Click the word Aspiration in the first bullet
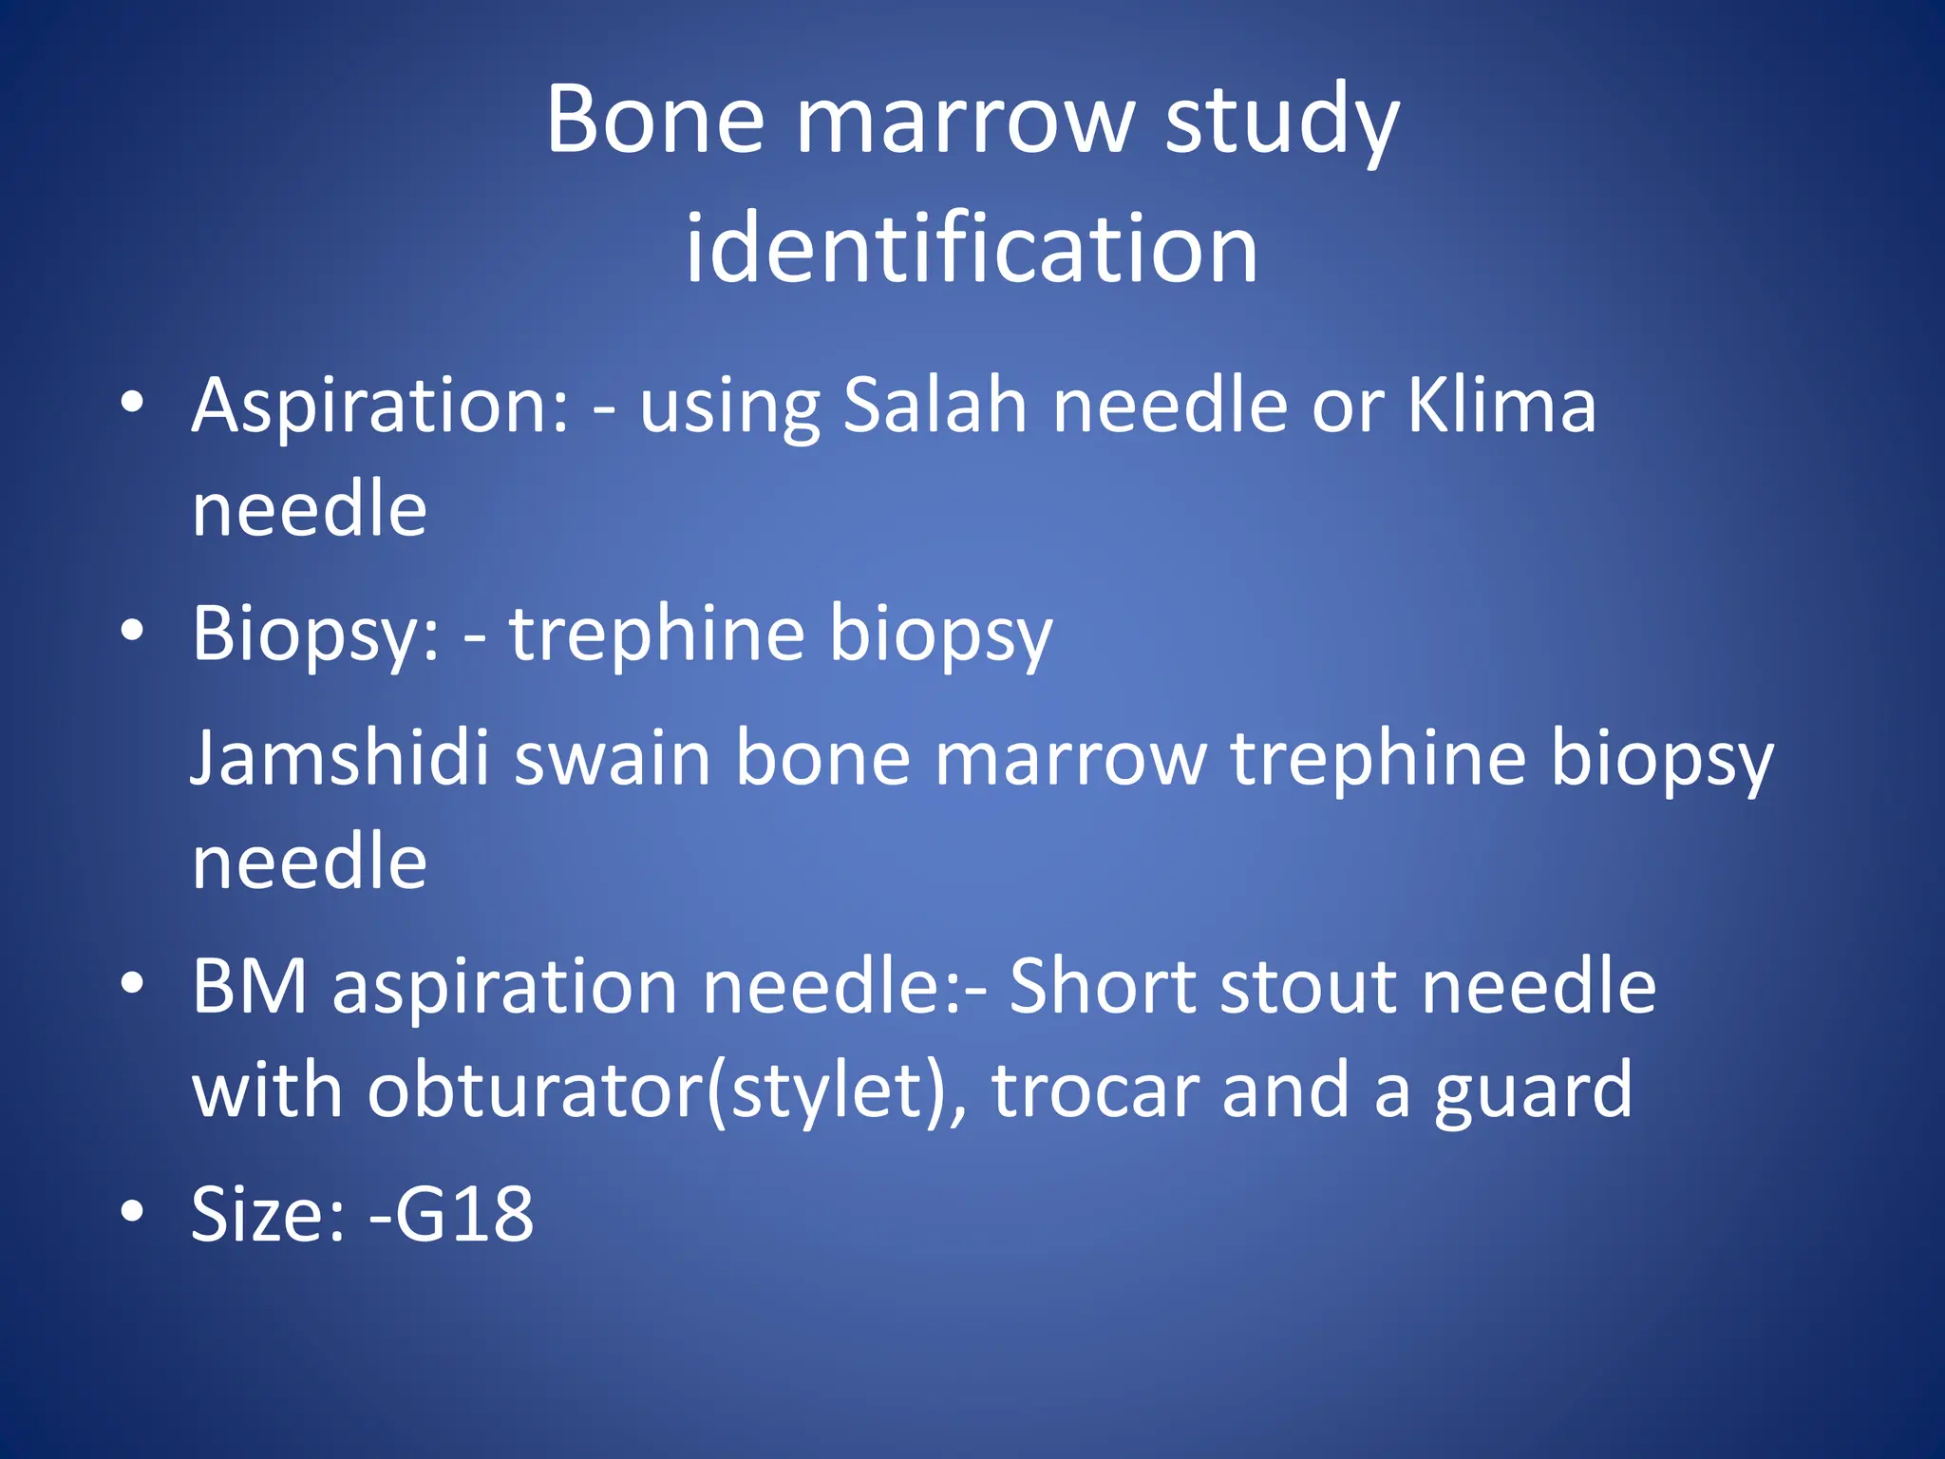tap(381, 407)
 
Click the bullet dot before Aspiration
tap(132, 402)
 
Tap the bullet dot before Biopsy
tap(132, 630)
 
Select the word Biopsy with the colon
tap(316, 635)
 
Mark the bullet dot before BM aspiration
tap(132, 982)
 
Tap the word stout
tap(1308, 988)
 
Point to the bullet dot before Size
tap(132, 1210)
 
